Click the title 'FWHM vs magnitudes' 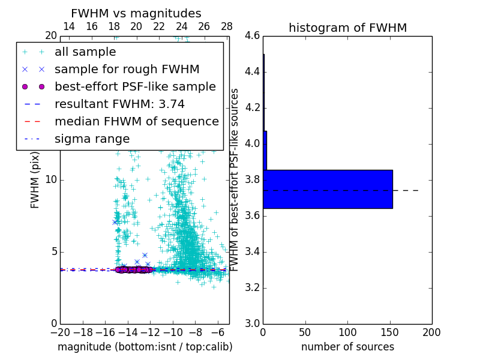pyautogui.click(x=136, y=14)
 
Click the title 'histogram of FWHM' pyautogui.click(x=347, y=28)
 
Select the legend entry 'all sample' pyautogui.click(x=85, y=52)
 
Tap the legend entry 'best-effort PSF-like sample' pyautogui.click(x=135, y=87)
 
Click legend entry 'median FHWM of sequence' pyautogui.click(x=136, y=122)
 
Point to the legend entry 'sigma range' pyautogui.click(x=92, y=139)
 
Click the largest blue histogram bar pyautogui.click(x=328, y=189)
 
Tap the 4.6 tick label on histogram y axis pyautogui.click(x=252, y=36)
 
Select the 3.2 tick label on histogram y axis pyautogui.click(x=252, y=288)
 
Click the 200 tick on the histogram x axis pyautogui.click(x=431, y=332)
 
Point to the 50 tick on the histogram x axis pyautogui.click(x=305, y=332)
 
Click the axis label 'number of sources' pyautogui.click(x=347, y=347)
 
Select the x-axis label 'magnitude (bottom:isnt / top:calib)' pyautogui.click(x=145, y=347)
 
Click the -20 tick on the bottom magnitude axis pyautogui.click(x=60, y=332)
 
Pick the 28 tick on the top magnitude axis pyautogui.click(x=227, y=27)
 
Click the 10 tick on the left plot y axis pyautogui.click(x=50, y=180)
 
